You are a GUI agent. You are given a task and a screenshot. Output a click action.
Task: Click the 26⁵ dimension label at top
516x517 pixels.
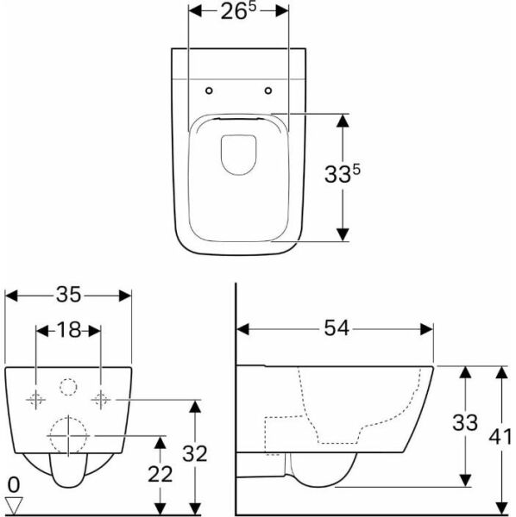238,11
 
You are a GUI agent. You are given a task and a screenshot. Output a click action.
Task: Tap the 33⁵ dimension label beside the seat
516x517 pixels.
343,173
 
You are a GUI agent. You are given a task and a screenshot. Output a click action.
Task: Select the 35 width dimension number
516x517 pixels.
68,295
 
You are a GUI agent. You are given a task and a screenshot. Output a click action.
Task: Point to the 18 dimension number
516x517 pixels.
68,330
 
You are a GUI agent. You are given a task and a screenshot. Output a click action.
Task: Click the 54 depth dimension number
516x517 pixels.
336,328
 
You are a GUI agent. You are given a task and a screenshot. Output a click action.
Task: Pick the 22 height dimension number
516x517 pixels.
160,474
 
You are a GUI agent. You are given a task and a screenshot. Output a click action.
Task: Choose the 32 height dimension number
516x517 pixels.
195,454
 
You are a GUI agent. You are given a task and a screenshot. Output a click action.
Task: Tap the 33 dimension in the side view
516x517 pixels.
465,423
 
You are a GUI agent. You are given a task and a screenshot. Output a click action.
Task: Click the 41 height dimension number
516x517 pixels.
500,438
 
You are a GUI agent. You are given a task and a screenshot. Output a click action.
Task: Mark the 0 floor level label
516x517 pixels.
14,485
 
